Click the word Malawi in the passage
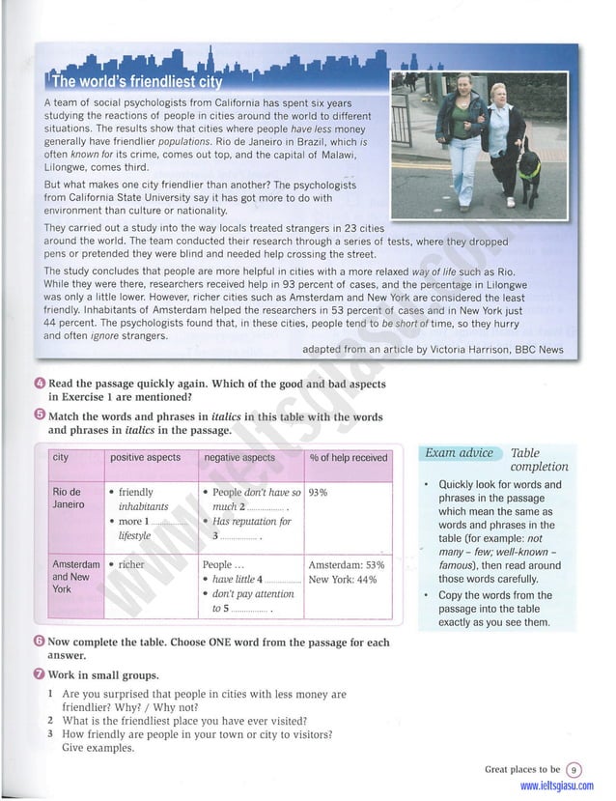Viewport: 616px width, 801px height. point(332,154)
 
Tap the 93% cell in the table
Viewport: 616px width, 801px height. point(318,492)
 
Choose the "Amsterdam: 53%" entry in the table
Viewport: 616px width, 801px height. point(347,564)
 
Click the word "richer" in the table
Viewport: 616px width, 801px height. point(130,564)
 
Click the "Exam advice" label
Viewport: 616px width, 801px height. point(460,453)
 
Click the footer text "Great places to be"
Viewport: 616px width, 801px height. point(521,769)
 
